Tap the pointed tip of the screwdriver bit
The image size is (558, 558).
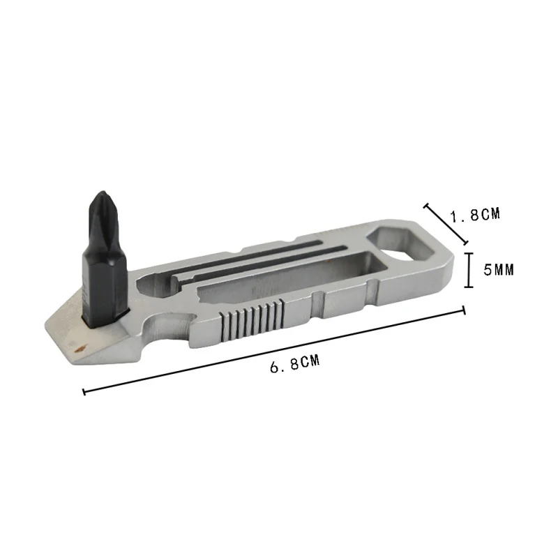(x=103, y=193)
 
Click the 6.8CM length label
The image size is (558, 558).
(x=295, y=363)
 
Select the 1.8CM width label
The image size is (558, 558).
(x=475, y=215)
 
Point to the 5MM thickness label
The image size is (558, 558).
(x=498, y=270)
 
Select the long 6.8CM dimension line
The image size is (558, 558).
(x=274, y=351)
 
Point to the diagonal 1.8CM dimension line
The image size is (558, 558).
(x=446, y=224)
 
